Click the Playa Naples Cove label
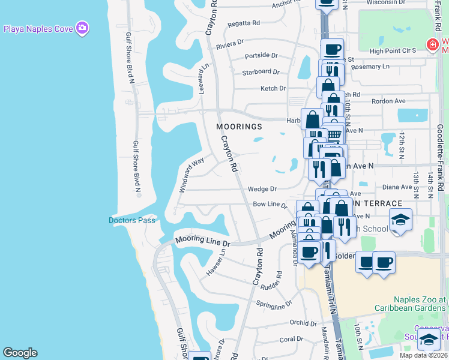click(x=38, y=28)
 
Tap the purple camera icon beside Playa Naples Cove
click(x=83, y=28)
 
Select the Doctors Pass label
click(x=131, y=220)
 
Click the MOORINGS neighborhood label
click(x=240, y=127)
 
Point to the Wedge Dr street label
click(x=262, y=189)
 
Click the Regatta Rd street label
click(x=244, y=23)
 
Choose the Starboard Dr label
click(x=261, y=72)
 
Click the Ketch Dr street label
click(x=273, y=88)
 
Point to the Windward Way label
click(x=191, y=175)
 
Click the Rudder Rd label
click(x=271, y=284)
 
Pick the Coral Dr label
click(x=291, y=339)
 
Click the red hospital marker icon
click(x=431, y=44)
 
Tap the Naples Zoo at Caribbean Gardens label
click(x=420, y=304)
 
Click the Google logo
click(x=20, y=353)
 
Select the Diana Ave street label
click(x=397, y=187)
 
